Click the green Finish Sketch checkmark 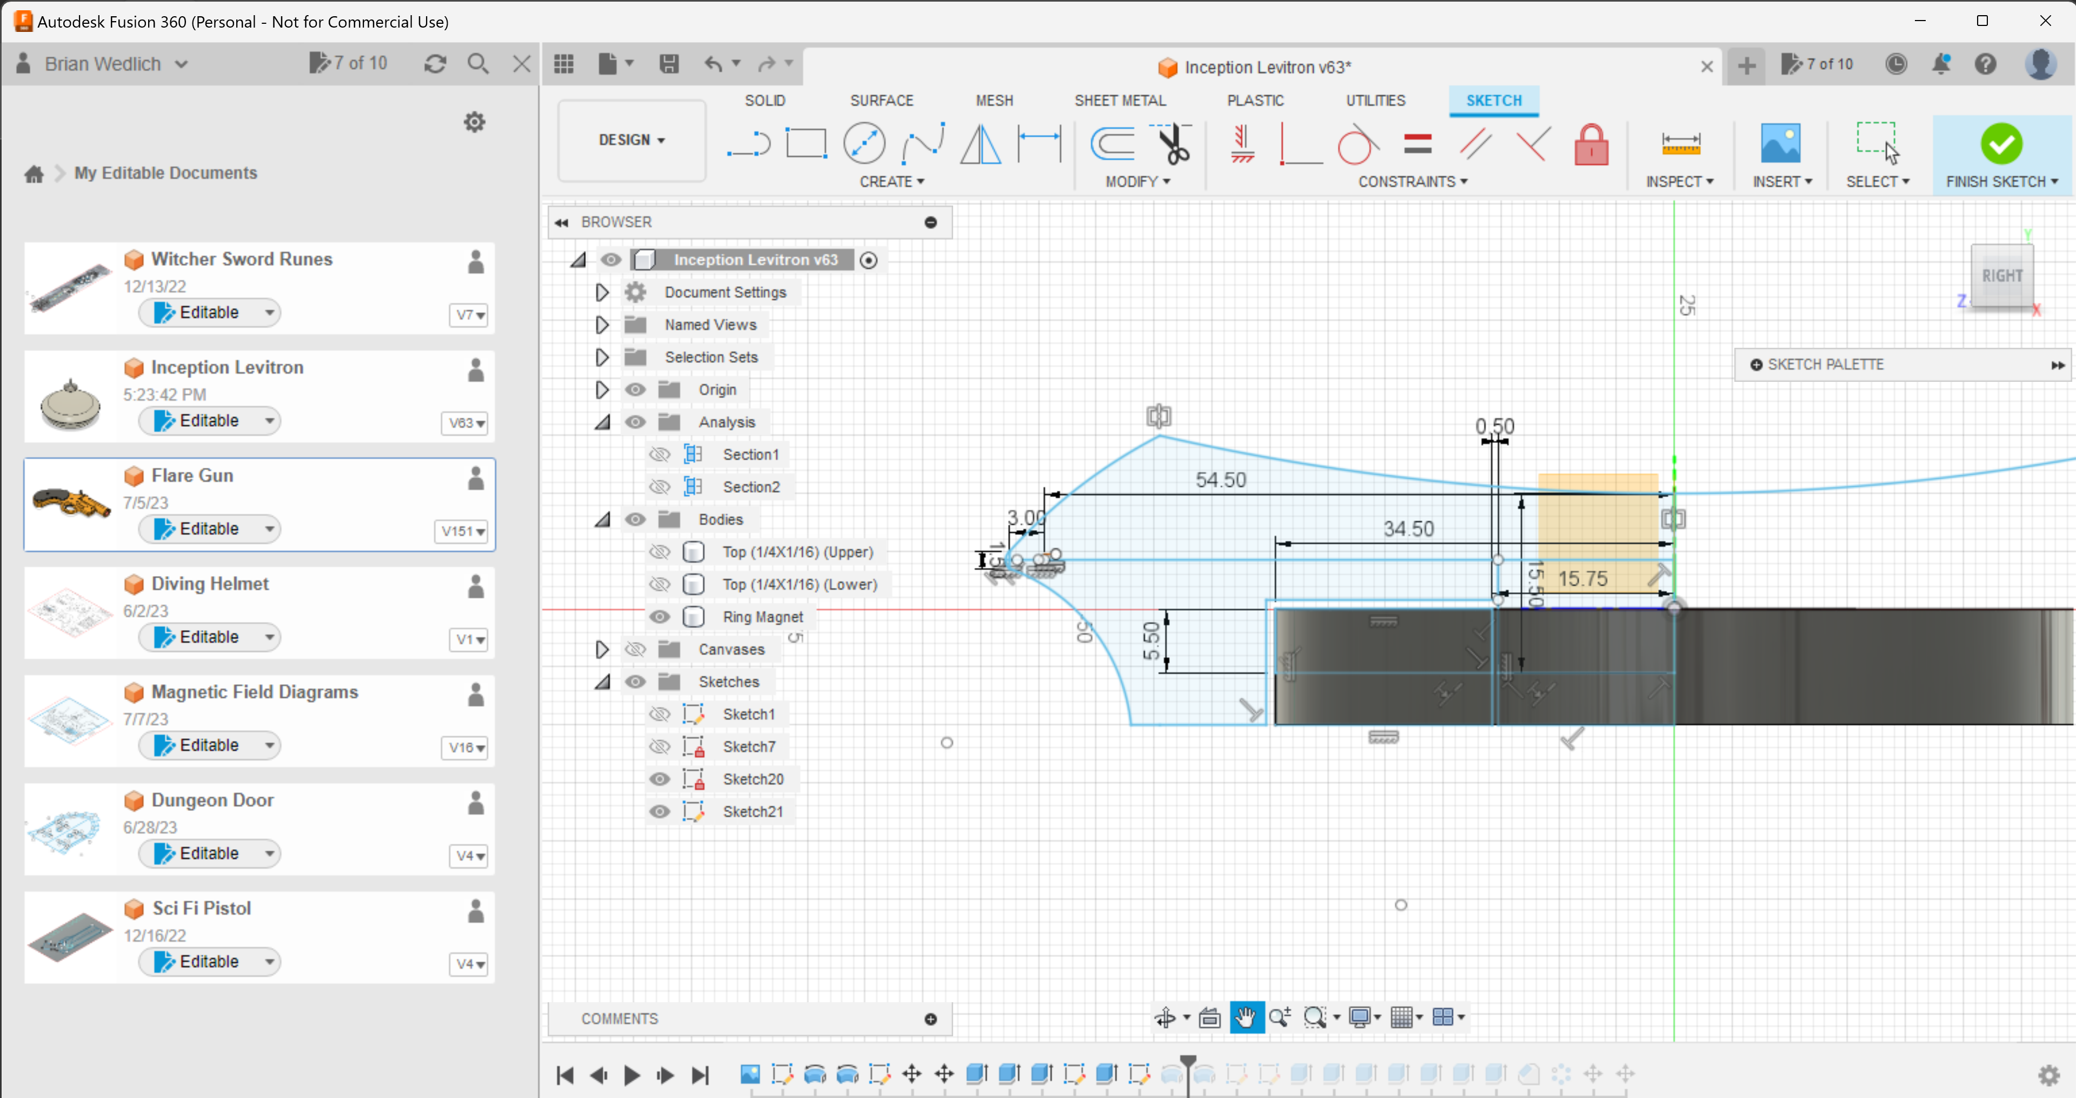pos(2001,145)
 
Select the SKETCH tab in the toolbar pos(1493,101)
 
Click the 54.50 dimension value pos(1220,480)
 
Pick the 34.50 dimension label pos(1408,529)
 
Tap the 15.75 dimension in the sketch pos(1582,579)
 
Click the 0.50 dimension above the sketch pos(1494,426)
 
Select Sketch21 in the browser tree pos(752,812)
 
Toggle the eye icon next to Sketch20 pos(659,779)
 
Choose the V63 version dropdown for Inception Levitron pos(467,423)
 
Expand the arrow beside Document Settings pos(601,293)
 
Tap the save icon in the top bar pos(668,64)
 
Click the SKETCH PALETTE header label pos(1825,365)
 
